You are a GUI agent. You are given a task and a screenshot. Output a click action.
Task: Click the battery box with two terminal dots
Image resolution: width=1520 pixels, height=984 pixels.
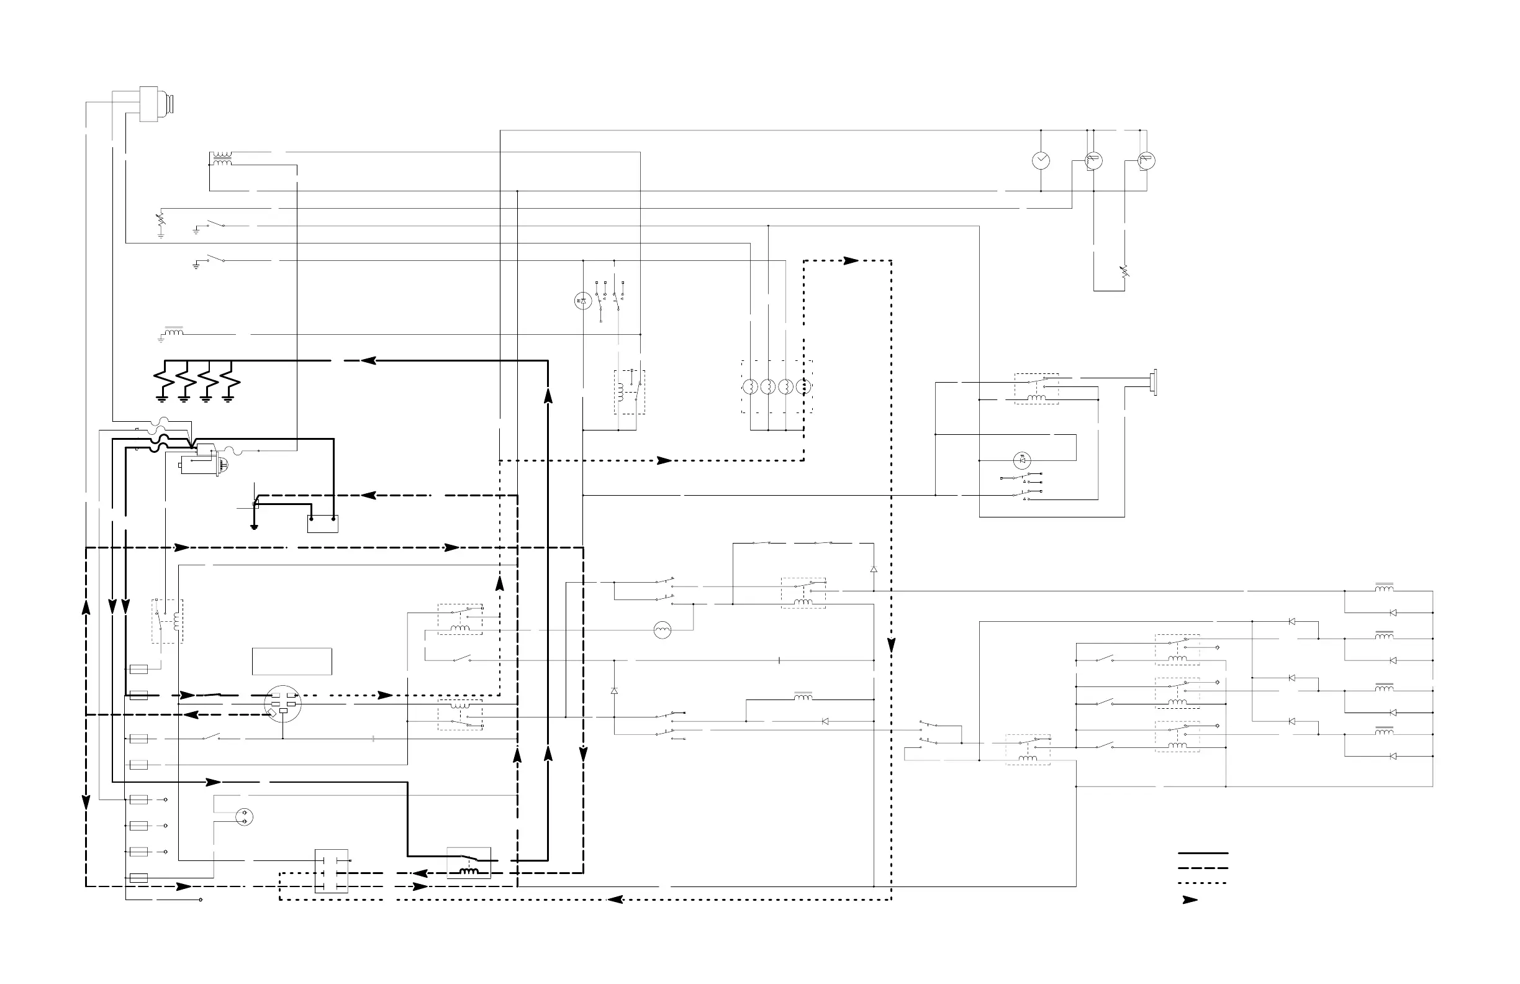tap(322, 524)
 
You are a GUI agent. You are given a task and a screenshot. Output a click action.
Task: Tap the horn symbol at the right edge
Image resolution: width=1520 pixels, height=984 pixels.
tap(1154, 382)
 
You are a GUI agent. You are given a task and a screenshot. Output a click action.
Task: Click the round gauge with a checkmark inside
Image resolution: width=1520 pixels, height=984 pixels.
tap(1041, 160)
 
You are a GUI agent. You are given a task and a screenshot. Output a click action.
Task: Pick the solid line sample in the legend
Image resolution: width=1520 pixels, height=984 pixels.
tap(1203, 853)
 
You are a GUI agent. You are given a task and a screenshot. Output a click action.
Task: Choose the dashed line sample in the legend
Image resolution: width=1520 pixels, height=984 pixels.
tap(1203, 868)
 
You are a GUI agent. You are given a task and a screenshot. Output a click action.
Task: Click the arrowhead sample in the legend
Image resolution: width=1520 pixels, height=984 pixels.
tap(1190, 900)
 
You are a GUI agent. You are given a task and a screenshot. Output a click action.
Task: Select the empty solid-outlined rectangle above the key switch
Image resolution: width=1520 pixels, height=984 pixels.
tap(292, 662)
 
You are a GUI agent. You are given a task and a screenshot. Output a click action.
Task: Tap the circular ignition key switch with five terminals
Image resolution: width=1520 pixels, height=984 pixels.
tap(283, 703)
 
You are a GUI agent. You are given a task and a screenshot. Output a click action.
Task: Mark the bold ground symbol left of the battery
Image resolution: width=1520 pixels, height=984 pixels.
tap(254, 527)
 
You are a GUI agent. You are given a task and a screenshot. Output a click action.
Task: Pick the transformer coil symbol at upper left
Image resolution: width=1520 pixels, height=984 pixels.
tap(222, 159)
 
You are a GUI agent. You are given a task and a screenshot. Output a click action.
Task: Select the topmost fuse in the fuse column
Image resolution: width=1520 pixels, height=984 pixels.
tap(138, 670)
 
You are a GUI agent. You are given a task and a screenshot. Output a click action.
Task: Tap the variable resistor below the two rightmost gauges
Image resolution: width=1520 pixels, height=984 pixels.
tap(1124, 271)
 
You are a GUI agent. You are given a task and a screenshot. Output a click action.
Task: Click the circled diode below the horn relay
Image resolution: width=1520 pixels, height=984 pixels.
tap(1022, 460)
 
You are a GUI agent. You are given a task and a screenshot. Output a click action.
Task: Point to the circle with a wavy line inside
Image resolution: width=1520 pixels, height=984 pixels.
tap(663, 631)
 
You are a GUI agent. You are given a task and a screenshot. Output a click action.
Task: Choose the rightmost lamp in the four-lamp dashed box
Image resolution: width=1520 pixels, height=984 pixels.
tap(804, 386)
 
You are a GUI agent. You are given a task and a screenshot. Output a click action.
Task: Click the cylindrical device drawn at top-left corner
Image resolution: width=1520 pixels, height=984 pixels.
tap(155, 104)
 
